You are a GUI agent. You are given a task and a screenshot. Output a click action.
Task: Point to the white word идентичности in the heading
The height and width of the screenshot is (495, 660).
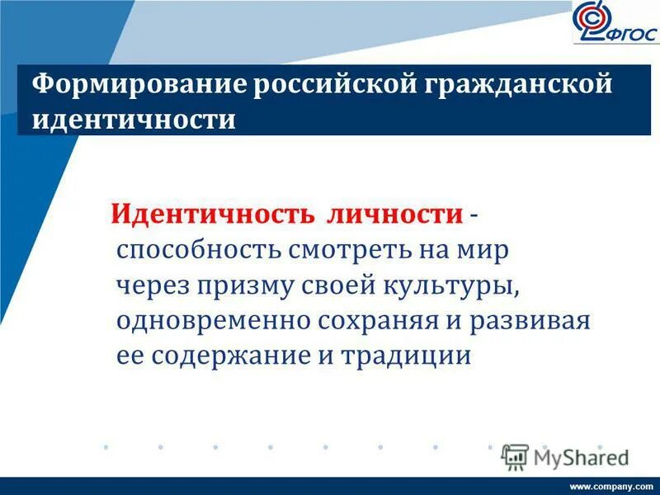tap(134, 119)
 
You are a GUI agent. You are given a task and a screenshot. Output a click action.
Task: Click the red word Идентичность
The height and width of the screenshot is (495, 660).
tap(212, 214)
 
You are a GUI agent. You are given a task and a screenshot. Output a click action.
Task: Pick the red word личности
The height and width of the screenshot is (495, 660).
tap(396, 214)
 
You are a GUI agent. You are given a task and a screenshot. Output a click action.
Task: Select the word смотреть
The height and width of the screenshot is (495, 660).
tap(345, 249)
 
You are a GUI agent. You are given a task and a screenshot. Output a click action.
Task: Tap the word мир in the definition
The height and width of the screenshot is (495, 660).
tap(486, 249)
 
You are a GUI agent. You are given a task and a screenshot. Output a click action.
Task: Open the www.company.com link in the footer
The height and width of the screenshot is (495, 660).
tap(611, 486)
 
